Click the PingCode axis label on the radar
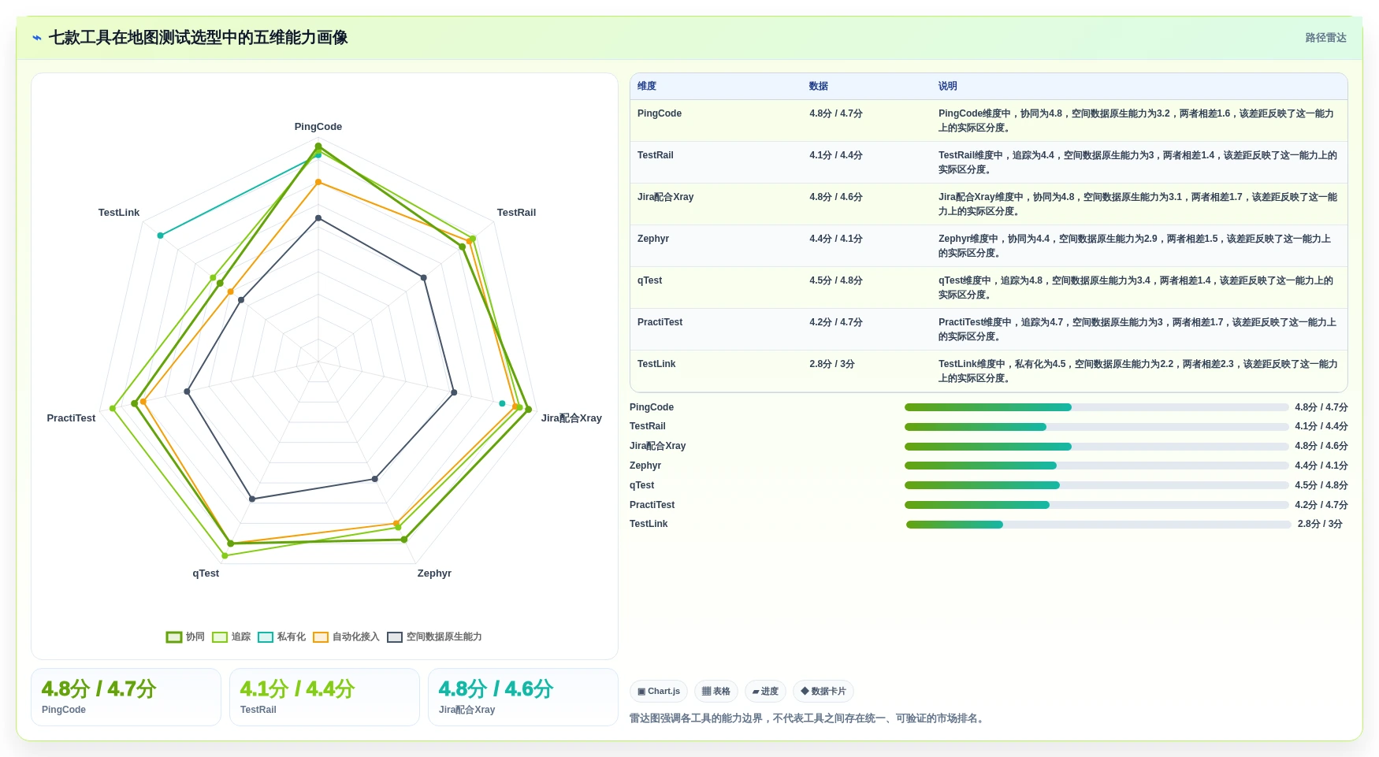click(x=318, y=127)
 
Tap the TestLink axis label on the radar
click(x=119, y=213)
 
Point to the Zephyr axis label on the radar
click(x=434, y=573)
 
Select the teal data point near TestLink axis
click(x=161, y=236)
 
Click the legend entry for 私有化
click(x=282, y=636)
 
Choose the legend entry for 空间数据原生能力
click(x=434, y=636)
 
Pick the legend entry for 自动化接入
click(x=346, y=636)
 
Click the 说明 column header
click(x=947, y=86)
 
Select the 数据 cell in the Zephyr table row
click(x=836, y=239)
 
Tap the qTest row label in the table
click(x=650, y=280)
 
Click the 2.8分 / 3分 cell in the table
click(x=832, y=364)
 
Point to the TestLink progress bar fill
click(x=954, y=525)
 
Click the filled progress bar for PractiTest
click(x=977, y=505)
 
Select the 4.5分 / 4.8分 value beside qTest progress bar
click(x=1321, y=485)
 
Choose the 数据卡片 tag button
click(x=823, y=692)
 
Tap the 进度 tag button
click(x=765, y=692)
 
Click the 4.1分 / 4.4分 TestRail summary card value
click(x=297, y=689)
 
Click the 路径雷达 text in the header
click(x=1325, y=38)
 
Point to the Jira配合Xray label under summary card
click(x=466, y=710)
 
